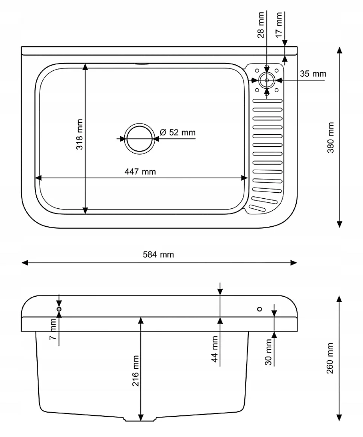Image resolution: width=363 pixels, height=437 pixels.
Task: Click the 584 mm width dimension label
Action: tap(158, 254)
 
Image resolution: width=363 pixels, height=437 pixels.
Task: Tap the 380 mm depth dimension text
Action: tap(330, 138)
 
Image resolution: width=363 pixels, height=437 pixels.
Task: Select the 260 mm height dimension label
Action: tap(330, 358)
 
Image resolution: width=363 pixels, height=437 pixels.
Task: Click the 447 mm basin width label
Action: tap(140, 171)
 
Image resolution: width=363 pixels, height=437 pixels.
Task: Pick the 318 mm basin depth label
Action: tap(79, 134)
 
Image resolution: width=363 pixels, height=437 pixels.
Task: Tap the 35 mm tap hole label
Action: tap(313, 74)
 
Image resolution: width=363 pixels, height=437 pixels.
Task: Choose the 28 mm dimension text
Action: tap(260, 25)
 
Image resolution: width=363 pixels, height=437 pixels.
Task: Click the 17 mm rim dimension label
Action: tap(279, 25)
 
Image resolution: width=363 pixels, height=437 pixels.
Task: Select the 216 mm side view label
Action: tap(135, 371)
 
